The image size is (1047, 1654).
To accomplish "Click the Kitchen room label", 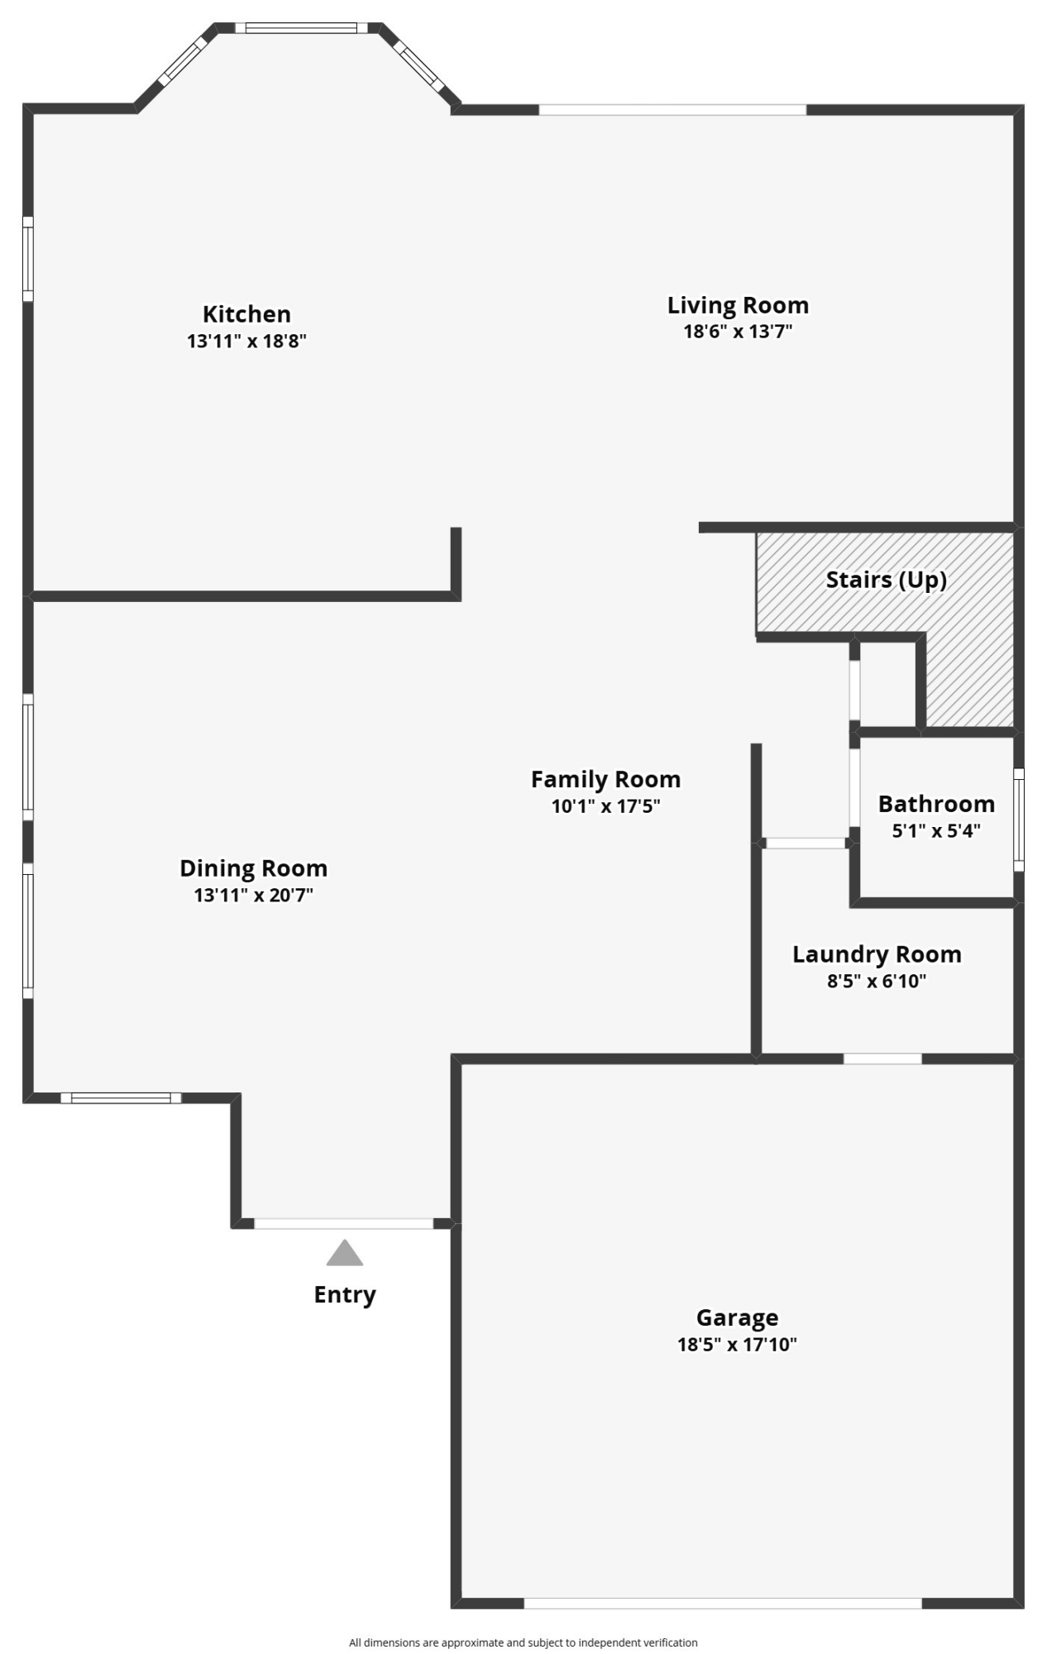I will point(246,314).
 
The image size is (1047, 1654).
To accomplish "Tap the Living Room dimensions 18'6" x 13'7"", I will point(738,332).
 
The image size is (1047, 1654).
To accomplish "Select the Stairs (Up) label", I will point(886,580).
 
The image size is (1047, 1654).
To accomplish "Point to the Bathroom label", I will point(936,804).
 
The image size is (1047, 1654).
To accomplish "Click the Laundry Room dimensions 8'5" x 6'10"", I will point(877,982).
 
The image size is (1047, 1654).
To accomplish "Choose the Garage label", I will point(737,1317).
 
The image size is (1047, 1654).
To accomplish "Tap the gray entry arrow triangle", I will point(344,1254).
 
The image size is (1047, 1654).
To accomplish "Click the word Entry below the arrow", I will point(344,1294).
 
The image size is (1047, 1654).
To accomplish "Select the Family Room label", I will point(605,779).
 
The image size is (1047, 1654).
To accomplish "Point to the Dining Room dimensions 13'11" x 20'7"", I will point(253,895).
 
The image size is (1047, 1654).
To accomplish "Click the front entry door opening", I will point(343,1223).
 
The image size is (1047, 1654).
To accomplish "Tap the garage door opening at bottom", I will point(723,1603).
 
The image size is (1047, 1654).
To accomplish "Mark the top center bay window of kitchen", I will point(301,28).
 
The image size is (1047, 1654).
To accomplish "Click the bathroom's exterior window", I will point(1019,820).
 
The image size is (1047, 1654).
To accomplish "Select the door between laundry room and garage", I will point(882,1059).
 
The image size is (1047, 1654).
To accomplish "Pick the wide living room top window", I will point(672,109).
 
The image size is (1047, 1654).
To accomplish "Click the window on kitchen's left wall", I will point(27,259).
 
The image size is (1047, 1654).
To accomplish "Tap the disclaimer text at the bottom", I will point(523,1642).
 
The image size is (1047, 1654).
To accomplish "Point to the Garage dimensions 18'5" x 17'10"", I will point(737,1345).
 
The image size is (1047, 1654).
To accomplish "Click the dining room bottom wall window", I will point(121,1097).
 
